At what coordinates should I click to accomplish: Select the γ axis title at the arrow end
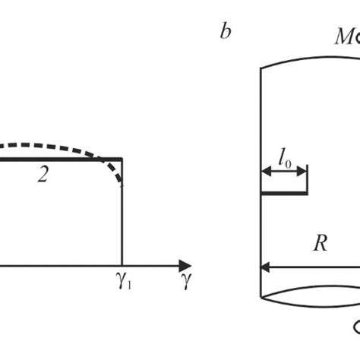point(186,283)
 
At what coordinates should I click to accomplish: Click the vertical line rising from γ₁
point(122,220)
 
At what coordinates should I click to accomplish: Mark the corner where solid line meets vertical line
point(122,159)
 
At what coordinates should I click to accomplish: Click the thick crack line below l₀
point(284,193)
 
